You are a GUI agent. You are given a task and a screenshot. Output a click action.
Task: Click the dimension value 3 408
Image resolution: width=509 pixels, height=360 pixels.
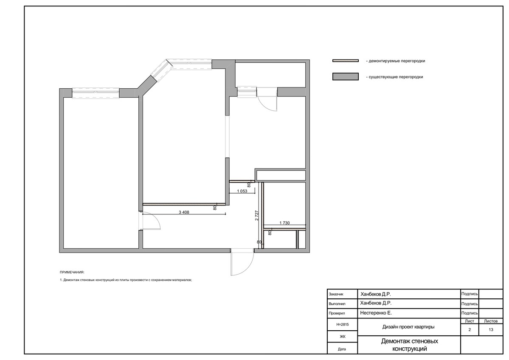[184, 213]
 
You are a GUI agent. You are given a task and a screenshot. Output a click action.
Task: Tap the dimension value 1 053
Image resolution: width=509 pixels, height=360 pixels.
[242, 191]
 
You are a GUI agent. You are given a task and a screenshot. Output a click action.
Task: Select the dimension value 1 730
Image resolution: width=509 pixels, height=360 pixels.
[285, 223]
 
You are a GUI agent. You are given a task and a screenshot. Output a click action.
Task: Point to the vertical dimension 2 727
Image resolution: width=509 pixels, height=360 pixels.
[257, 216]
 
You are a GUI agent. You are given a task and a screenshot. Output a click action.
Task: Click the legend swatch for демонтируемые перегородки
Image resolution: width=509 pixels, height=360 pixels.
[346, 61]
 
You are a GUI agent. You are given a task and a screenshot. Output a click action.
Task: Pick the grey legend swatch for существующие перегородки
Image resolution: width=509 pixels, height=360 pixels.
[346, 76]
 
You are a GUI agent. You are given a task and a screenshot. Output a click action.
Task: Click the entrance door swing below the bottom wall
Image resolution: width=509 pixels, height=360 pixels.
[242, 263]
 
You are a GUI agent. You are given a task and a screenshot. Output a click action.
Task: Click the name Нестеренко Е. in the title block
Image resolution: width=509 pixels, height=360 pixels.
[376, 313]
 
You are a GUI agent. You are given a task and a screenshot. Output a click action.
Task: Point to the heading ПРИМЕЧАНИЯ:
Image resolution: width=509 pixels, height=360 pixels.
[72, 272]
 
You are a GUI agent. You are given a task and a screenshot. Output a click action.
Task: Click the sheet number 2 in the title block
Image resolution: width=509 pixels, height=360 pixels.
[470, 329]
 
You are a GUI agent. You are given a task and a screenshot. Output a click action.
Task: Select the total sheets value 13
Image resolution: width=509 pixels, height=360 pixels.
[491, 329]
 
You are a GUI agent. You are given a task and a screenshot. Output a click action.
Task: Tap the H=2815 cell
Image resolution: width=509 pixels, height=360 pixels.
[342, 324]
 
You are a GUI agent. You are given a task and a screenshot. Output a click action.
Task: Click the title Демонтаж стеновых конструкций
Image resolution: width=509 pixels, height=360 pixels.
[409, 345]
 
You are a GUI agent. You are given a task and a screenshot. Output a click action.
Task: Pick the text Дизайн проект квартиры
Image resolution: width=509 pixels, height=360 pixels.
[408, 327]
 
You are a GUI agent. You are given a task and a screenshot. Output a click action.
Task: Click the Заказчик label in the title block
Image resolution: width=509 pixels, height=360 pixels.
[336, 294]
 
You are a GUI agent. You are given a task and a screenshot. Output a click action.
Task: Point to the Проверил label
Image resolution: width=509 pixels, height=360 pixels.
[337, 314]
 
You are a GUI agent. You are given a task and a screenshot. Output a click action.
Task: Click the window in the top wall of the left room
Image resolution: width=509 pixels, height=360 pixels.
[96, 93]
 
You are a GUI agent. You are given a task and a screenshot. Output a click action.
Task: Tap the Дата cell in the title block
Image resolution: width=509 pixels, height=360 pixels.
[342, 349]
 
